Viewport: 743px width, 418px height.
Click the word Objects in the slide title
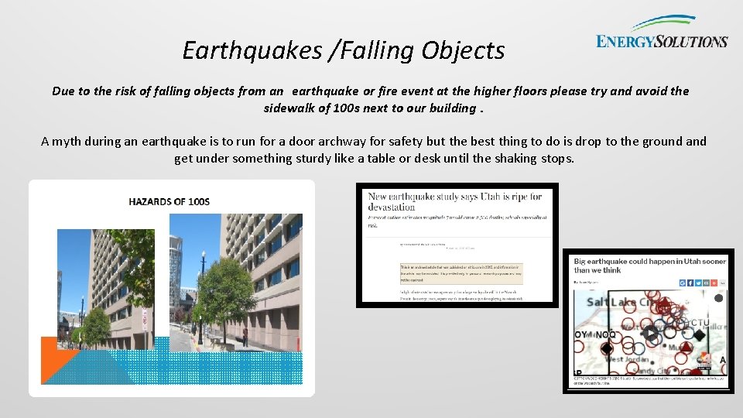464,50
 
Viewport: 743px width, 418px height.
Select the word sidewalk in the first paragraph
293,108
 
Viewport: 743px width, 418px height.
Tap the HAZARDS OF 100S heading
169,201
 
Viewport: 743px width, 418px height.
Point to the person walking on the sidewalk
245,334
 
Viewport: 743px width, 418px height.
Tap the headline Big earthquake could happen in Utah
649,266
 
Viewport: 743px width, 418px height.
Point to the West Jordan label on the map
625,360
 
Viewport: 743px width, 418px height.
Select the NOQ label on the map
607,334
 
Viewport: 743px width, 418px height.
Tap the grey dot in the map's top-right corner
718,298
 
